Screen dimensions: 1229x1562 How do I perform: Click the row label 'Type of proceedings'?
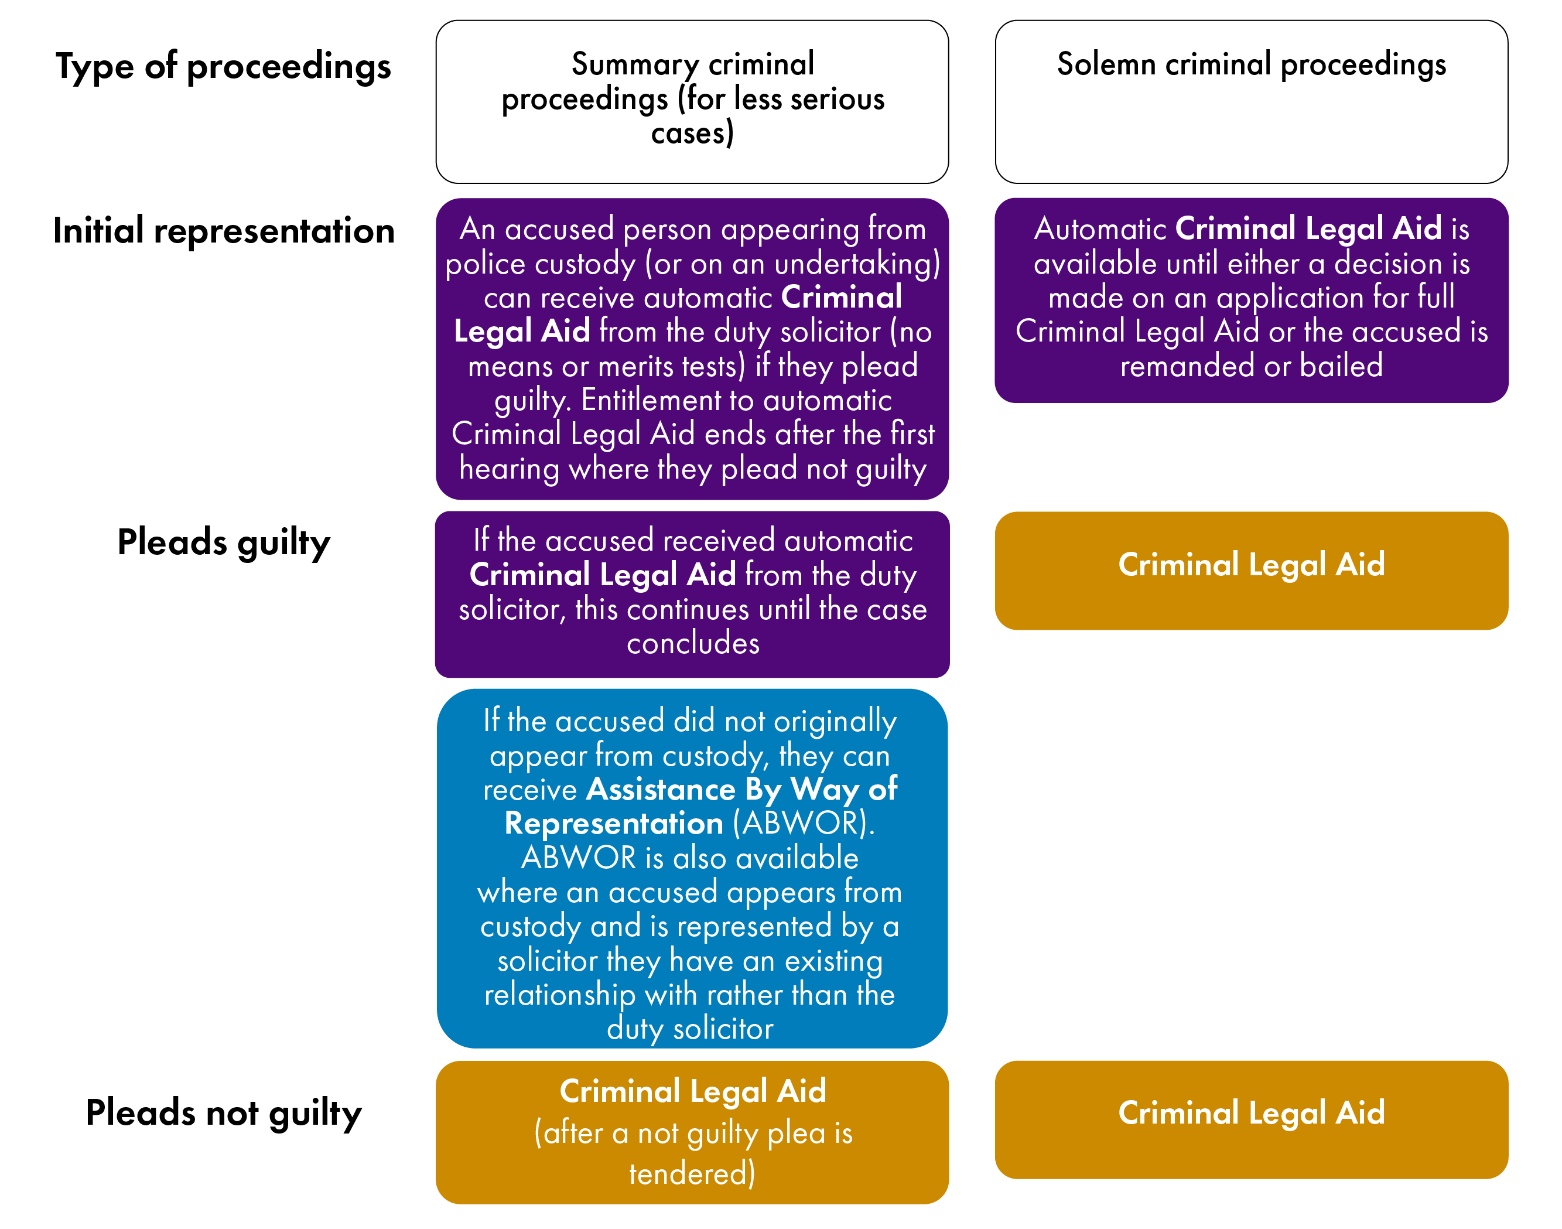[x=223, y=67]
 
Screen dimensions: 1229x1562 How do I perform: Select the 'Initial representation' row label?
[x=223, y=231]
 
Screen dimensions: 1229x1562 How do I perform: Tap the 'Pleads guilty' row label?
[x=223, y=542]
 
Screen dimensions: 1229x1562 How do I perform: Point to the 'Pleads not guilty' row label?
[x=223, y=1112]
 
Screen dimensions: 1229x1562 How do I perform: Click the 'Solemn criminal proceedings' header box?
[x=1250, y=101]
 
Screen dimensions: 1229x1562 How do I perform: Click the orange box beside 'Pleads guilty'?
[x=1250, y=570]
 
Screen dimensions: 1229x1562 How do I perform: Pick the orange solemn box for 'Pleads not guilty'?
[x=1250, y=1119]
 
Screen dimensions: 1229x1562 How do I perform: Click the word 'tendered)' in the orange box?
[x=692, y=1173]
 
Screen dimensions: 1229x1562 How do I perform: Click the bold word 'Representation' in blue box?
[x=614, y=823]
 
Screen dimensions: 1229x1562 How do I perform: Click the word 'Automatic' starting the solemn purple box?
[x=1100, y=229]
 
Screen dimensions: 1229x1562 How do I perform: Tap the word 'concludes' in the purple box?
[x=692, y=643]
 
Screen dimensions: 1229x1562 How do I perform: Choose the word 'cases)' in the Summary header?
[x=692, y=134]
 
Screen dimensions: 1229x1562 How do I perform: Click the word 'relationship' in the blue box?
[x=559, y=995]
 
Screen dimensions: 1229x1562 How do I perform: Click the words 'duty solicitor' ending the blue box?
[x=689, y=1029]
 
